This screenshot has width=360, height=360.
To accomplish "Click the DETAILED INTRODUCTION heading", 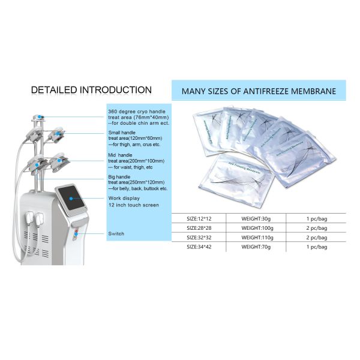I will (91, 90).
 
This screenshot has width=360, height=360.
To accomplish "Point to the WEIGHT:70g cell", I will (256, 247).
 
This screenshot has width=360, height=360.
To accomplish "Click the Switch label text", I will (116, 233).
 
